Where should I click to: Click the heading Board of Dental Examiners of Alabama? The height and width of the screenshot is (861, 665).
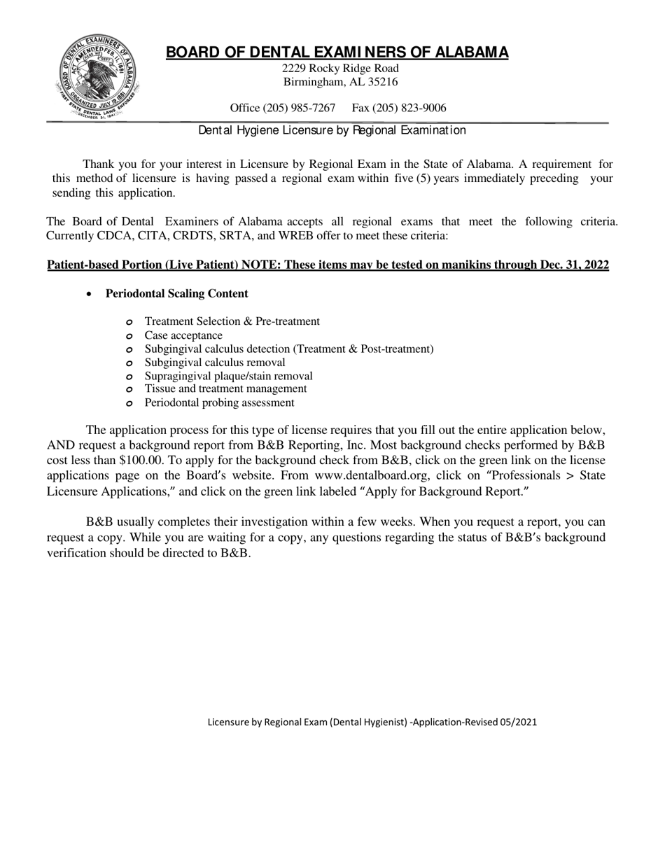(x=337, y=52)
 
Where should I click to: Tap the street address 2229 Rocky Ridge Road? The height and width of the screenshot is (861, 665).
(x=340, y=68)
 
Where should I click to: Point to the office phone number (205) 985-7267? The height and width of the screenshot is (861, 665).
(x=299, y=108)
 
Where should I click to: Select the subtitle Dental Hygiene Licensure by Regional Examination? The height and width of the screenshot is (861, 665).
(x=332, y=130)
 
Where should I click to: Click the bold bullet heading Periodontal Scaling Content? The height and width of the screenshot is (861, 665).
(x=176, y=293)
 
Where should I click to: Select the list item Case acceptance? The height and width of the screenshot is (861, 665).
(x=183, y=335)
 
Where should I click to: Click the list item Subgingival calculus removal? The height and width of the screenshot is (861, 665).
(x=215, y=363)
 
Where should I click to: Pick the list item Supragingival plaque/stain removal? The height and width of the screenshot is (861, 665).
(x=228, y=376)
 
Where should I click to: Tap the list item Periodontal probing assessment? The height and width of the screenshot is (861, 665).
(x=219, y=402)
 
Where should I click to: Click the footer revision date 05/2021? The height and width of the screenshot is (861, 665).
(x=519, y=722)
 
